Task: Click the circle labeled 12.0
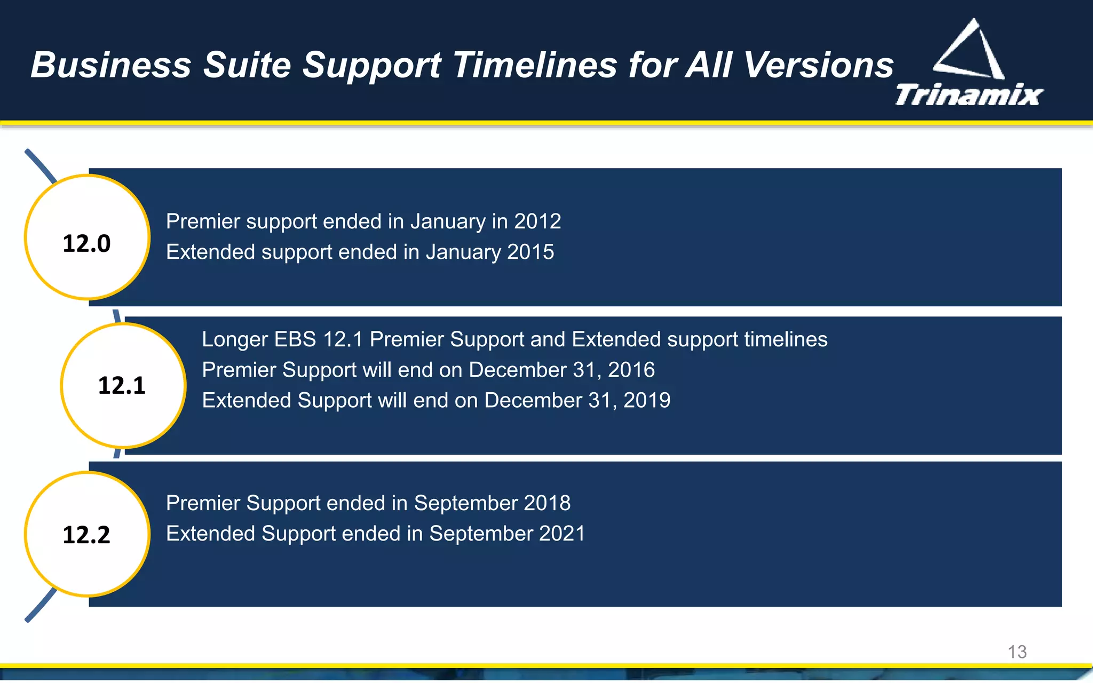87,237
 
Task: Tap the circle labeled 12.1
123,385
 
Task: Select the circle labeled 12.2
87,534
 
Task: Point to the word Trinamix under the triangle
969,95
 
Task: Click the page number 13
1017,652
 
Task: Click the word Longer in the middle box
235,339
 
